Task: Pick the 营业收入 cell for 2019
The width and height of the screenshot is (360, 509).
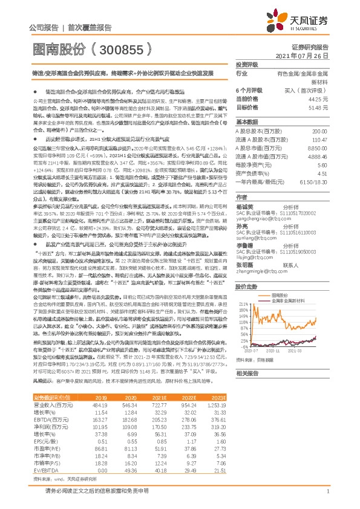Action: (x=100, y=404)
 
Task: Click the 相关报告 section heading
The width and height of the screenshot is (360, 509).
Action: (x=247, y=391)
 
